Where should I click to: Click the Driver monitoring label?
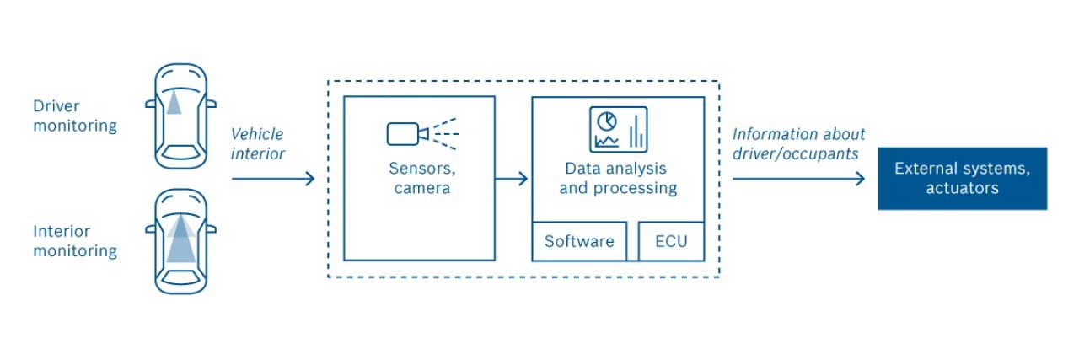[x=74, y=116]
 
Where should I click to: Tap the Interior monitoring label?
[x=74, y=241]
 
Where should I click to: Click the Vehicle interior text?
[x=257, y=143]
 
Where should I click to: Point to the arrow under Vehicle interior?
[x=272, y=179]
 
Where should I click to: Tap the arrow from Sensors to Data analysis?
[x=512, y=179]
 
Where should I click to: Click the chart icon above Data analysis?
[x=618, y=129]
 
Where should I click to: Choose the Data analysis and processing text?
[x=618, y=178]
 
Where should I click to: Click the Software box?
[x=579, y=242]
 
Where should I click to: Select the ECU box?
[x=671, y=242]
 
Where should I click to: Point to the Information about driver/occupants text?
[x=798, y=143]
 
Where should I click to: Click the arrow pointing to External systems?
[x=798, y=179]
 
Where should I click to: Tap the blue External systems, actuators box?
[x=962, y=179]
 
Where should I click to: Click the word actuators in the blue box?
[x=962, y=188]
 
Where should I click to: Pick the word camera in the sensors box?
[x=421, y=188]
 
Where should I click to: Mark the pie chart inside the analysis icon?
[x=607, y=121]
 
